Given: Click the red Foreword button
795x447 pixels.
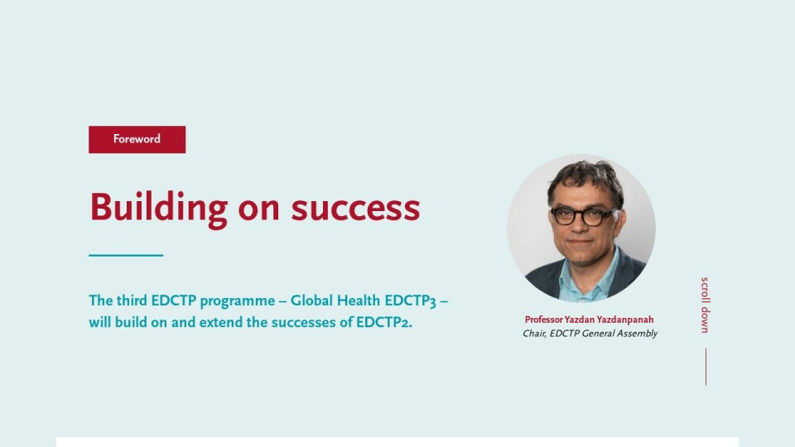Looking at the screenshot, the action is pos(137,139).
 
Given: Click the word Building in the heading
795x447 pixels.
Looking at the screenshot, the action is pos(159,209).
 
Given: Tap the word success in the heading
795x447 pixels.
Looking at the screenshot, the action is pos(355,209).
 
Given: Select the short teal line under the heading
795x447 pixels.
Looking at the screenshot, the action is pos(126,256).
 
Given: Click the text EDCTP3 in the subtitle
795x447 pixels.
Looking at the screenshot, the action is pos(410,301).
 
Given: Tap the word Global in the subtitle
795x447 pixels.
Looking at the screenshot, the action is pos(311,300).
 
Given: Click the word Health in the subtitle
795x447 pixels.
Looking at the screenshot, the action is pos(359,300).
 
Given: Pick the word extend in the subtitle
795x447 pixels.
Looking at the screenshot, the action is pos(220,322).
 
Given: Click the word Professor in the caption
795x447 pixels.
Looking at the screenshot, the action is pos(543,320).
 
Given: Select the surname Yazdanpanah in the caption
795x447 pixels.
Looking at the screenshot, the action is pos(624,320).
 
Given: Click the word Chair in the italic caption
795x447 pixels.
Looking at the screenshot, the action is pos(534,334).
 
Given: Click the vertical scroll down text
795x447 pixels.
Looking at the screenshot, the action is pos(706,305).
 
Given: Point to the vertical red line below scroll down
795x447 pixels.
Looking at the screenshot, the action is pos(706,367).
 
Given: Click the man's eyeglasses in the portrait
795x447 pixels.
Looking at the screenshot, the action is pos(584,216).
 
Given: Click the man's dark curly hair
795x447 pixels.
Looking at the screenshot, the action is pos(585,177).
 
